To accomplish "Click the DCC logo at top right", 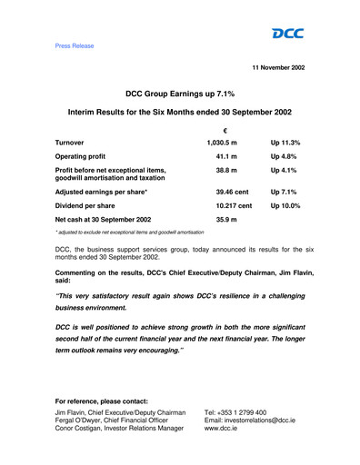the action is coord(288,34).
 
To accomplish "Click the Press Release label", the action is coord(75,45).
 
